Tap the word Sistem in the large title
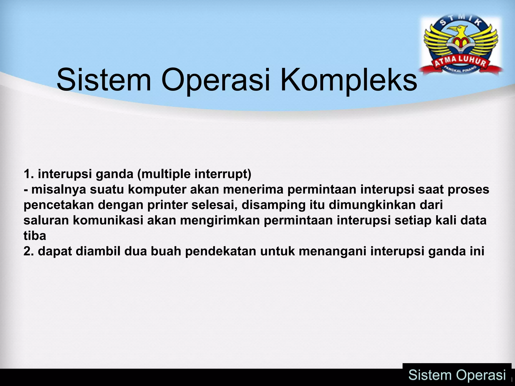pos(104,80)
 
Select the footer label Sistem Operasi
pos(457,375)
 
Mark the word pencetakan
pos(58,205)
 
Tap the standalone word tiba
pos(35,236)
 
